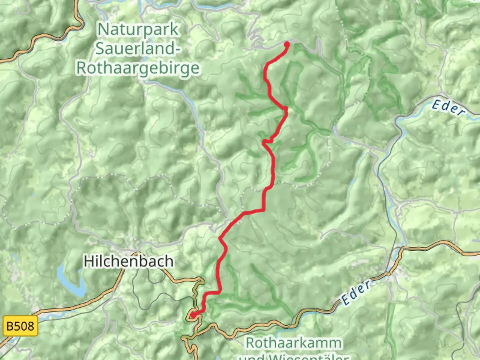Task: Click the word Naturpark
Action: [138, 29]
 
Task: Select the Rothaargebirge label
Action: [138, 68]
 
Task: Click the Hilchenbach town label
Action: [128, 261]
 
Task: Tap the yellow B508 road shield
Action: [20, 325]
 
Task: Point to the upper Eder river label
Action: [448, 108]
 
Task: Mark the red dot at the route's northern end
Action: [287, 44]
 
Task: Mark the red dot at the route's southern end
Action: [193, 315]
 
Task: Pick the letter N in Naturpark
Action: [102, 29]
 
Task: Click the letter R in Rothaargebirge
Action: [82, 68]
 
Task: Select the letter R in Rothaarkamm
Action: [251, 343]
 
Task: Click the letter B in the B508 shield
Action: [10, 325]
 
